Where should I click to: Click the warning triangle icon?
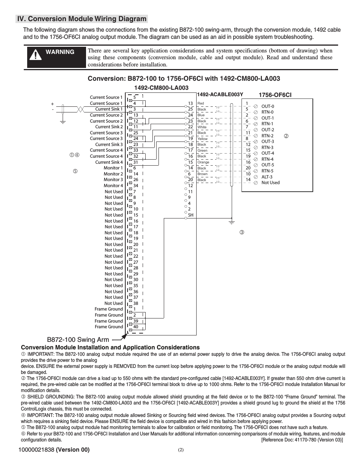pos(35,55)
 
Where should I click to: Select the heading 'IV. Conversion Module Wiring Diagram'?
pos(82,19)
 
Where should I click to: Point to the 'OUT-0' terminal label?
pos(268,106)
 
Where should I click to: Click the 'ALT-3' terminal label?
pos(267,177)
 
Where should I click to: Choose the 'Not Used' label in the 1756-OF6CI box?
pos(271,183)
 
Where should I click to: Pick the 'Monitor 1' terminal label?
pos(113,168)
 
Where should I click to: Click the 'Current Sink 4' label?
pos(109,162)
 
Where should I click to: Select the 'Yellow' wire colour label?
pos(202,139)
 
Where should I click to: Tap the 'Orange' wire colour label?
pos(203,162)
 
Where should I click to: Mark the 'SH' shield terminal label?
pos(191,215)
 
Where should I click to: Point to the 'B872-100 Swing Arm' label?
pos(78,340)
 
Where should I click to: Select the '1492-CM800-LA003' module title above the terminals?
pos(161,88)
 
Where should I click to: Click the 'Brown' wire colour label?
pos(202,174)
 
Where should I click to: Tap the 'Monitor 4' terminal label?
pos(113,186)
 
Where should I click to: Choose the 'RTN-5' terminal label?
pos(267,171)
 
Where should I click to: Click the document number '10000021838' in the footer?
pos(38,449)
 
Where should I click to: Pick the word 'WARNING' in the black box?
pos(60,52)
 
